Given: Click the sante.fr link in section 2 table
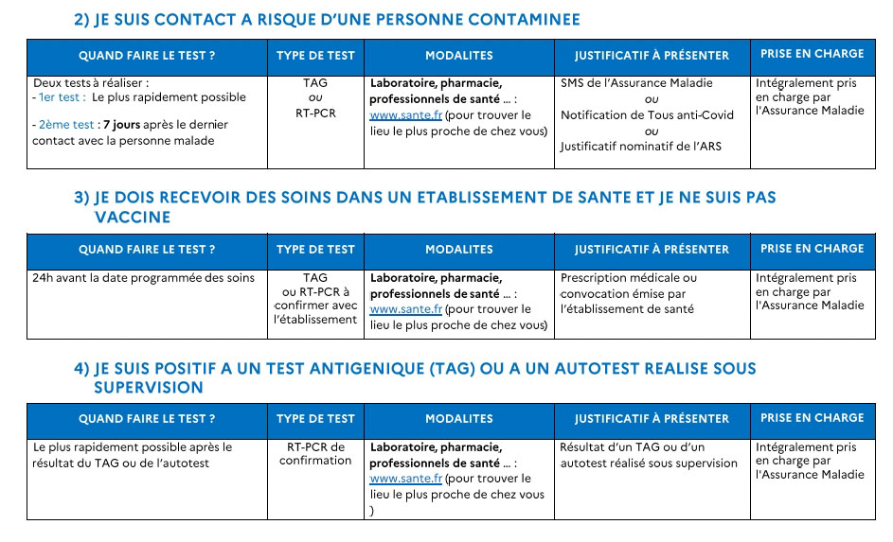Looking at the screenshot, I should pos(405,115).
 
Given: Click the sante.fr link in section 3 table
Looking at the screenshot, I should pos(405,309).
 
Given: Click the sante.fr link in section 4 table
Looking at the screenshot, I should pos(405,479).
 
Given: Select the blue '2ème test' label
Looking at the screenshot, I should pos(66,125).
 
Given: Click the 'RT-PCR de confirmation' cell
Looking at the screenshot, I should pos(315,454).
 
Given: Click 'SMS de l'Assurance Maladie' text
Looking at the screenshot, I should pos(636,83).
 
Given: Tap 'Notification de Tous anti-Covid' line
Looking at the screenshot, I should pos(647,115).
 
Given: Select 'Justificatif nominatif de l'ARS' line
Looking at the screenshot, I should pos(640,147).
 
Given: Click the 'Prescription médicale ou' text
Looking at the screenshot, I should pos(628,278).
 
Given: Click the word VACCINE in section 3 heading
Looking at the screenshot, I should pos(133,218).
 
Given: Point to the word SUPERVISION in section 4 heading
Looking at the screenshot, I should pos(149,388).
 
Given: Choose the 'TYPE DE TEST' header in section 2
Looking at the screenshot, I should pos(315,56).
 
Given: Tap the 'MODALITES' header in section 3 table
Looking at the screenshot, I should pos(459,250).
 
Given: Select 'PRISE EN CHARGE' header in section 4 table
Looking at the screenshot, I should pos(812,418).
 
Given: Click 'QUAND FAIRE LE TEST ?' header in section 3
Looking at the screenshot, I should pos(147,250).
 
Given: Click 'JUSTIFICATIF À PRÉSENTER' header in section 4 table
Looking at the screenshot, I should pos(652,419).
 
